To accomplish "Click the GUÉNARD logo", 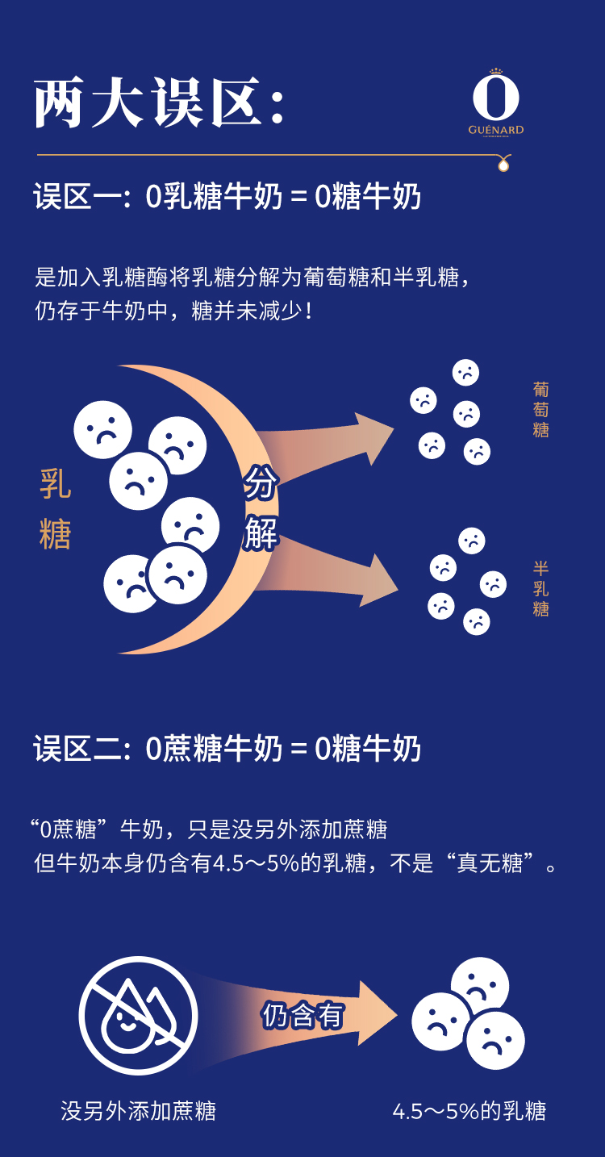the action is pyautogui.click(x=496, y=105).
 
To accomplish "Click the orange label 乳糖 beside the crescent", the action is pyautogui.click(x=56, y=509).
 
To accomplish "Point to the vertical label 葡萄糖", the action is pyautogui.click(x=540, y=410).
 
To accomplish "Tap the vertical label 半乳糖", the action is pyautogui.click(x=540, y=589).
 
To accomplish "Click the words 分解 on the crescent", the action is pyautogui.click(x=261, y=508).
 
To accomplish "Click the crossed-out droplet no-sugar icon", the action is pyautogui.click(x=138, y=1016).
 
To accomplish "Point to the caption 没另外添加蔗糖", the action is pyautogui.click(x=139, y=1111).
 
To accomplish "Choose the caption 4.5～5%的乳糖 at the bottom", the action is pyautogui.click(x=469, y=1111).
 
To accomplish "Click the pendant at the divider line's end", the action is pyautogui.click(x=504, y=165).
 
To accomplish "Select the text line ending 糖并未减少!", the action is pyautogui.click(x=173, y=311).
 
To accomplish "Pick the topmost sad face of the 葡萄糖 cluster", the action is pyautogui.click(x=465, y=372).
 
